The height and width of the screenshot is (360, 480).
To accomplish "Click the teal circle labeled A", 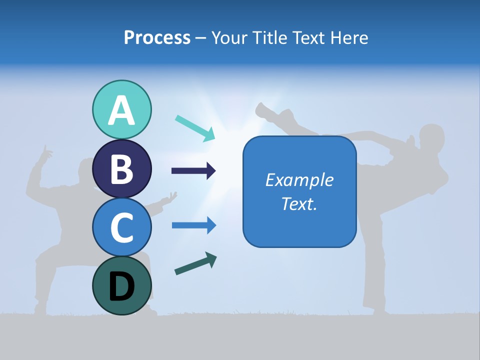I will click(121, 109).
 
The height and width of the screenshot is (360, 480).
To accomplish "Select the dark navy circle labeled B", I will click(121, 168).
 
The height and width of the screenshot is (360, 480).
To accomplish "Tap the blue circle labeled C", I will click(121, 226).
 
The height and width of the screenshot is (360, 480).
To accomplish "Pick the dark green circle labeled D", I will click(121, 285).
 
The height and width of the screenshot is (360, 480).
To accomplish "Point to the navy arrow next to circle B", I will click(193, 171).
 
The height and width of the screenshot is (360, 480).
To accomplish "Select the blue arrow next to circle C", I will click(194, 225).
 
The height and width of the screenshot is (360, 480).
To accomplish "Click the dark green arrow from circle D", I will click(195, 263).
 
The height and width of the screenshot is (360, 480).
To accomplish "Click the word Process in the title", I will click(157, 37).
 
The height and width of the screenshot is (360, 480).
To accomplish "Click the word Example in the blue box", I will click(299, 180).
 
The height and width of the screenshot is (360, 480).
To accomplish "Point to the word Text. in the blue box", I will click(299, 203).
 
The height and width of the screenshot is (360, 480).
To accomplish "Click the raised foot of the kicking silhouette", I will click(262, 109).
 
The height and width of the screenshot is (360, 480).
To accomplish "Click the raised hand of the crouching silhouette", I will click(46, 152).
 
